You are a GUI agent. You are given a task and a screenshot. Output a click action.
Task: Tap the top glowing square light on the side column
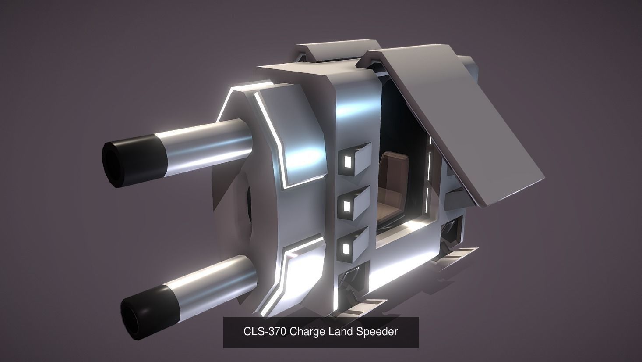click(348, 162)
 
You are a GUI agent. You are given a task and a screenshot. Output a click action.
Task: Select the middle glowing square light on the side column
click(347, 205)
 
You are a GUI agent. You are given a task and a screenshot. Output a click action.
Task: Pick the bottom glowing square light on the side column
click(346, 249)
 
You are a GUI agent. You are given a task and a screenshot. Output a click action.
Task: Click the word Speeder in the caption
click(377, 331)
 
